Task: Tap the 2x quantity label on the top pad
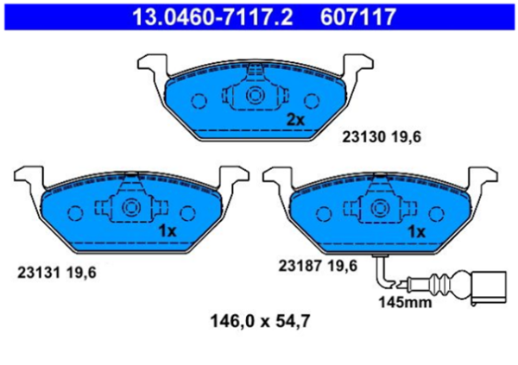(295, 120)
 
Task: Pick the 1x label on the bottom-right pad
(416, 230)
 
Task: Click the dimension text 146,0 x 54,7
(260, 323)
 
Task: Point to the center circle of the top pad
(256, 97)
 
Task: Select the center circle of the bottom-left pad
(131, 207)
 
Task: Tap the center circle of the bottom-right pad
(380, 207)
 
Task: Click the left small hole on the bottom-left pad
(73, 211)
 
